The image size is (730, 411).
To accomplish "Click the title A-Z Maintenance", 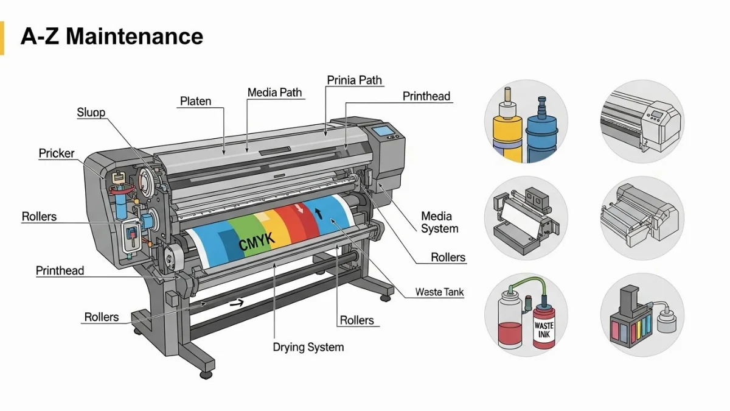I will tap(112, 37).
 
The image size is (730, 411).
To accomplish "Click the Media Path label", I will tap(274, 93).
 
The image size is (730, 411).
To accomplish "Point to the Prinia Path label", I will tap(354, 80).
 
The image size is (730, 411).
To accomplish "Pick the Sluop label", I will tap(91, 112).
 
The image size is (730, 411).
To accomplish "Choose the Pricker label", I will tap(57, 153).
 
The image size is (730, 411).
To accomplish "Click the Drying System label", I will tap(308, 347).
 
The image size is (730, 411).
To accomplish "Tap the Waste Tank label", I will tap(439, 292).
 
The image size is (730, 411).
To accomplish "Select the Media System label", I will tap(439, 222).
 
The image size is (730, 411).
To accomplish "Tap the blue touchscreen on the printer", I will tap(383, 130).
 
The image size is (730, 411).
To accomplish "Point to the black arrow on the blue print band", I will tap(318, 212).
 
